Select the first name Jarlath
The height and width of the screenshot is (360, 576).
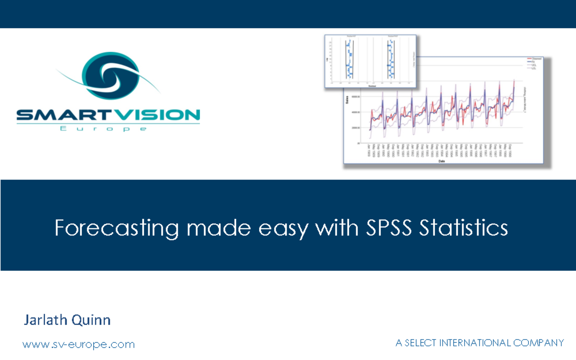click(x=46, y=320)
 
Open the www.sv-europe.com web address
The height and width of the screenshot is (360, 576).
click(x=79, y=344)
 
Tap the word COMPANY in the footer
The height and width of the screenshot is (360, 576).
click(x=539, y=343)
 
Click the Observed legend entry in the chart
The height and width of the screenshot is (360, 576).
click(x=537, y=59)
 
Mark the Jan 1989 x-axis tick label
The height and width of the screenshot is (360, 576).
click(x=369, y=151)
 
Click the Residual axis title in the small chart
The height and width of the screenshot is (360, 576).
click(x=372, y=86)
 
